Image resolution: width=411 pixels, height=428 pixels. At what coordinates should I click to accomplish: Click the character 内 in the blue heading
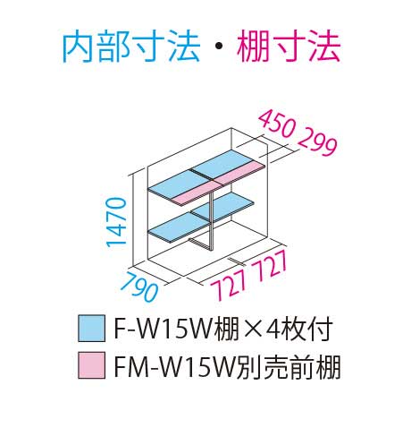pyautogui.click(x=79, y=47)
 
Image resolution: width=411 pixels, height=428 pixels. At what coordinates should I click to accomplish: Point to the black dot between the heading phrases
pyautogui.click(x=219, y=47)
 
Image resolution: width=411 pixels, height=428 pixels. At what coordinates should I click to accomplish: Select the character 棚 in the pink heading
pyautogui.click(x=253, y=47)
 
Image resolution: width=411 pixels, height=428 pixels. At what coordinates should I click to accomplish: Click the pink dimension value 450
pyautogui.click(x=277, y=124)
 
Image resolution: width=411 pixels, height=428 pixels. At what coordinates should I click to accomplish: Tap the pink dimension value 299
pyautogui.click(x=317, y=143)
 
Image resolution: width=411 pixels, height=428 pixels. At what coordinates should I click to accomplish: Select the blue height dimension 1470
pyautogui.click(x=116, y=222)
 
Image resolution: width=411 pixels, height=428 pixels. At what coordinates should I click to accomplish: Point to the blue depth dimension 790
pyautogui.click(x=139, y=286)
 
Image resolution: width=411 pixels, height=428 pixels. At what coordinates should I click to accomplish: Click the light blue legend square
pyautogui.click(x=91, y=328)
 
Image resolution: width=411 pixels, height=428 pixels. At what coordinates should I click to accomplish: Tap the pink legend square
pyautogui.click(x=91, y=365)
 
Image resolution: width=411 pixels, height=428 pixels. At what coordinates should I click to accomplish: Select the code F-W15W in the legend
pyautogui.click(x=164, y=329)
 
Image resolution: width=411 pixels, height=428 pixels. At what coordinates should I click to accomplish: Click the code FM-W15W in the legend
pyautogui.click(x=172, y=366)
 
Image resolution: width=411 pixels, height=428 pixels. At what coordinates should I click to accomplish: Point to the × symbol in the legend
pyautogui.click(x=251, y=330)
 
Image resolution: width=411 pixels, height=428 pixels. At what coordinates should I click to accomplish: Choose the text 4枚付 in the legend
pyautogui.click(x=298, y=329)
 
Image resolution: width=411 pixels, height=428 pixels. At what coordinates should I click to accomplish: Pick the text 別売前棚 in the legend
pyautogui.click(x=287, y=366)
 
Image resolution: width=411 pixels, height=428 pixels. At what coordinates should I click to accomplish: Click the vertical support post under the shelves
pyautogui.click(x=211, y=219)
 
